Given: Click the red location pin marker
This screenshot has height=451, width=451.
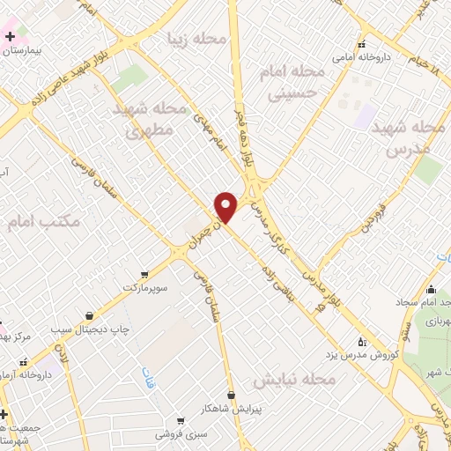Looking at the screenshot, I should pyautogui.click(x=225, y=207).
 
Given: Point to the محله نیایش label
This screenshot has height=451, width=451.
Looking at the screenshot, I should pyautogui.click(x=295, y=379).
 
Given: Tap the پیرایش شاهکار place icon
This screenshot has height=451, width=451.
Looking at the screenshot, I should pyautogui.click(x=231, y=395).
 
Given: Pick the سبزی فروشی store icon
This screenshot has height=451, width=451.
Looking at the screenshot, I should pyautogui.click(x=181, y=422).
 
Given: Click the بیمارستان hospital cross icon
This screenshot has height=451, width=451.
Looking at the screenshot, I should pyautogui.click(x=10, y=37).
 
